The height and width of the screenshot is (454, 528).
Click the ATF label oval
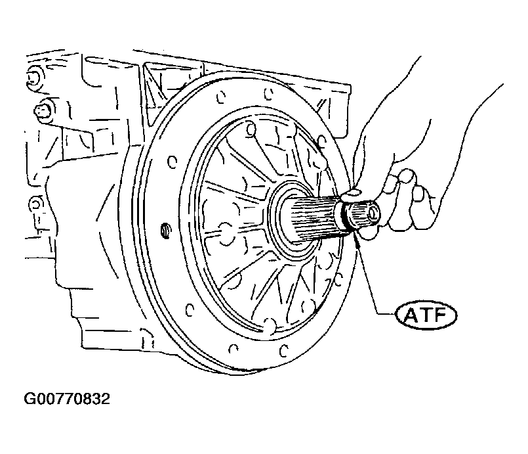click(426, 315)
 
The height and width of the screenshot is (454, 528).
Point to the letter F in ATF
click(441, 315)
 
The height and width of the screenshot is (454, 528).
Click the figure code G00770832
click(67, 399)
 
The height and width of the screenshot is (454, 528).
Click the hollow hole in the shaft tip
click(373, 214)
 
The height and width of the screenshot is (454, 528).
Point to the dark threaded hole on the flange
click(165, 231)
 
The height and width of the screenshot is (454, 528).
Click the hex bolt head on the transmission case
click(42, 110)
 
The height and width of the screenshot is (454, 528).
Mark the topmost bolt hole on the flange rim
click(268, 94)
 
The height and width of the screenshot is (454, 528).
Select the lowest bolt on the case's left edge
click(34, 205)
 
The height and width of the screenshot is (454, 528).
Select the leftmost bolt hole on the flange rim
click(172, 162)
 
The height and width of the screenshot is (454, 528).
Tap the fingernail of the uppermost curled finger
click(407, 176)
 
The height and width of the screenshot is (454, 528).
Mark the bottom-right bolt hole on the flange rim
click(338, 280)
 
